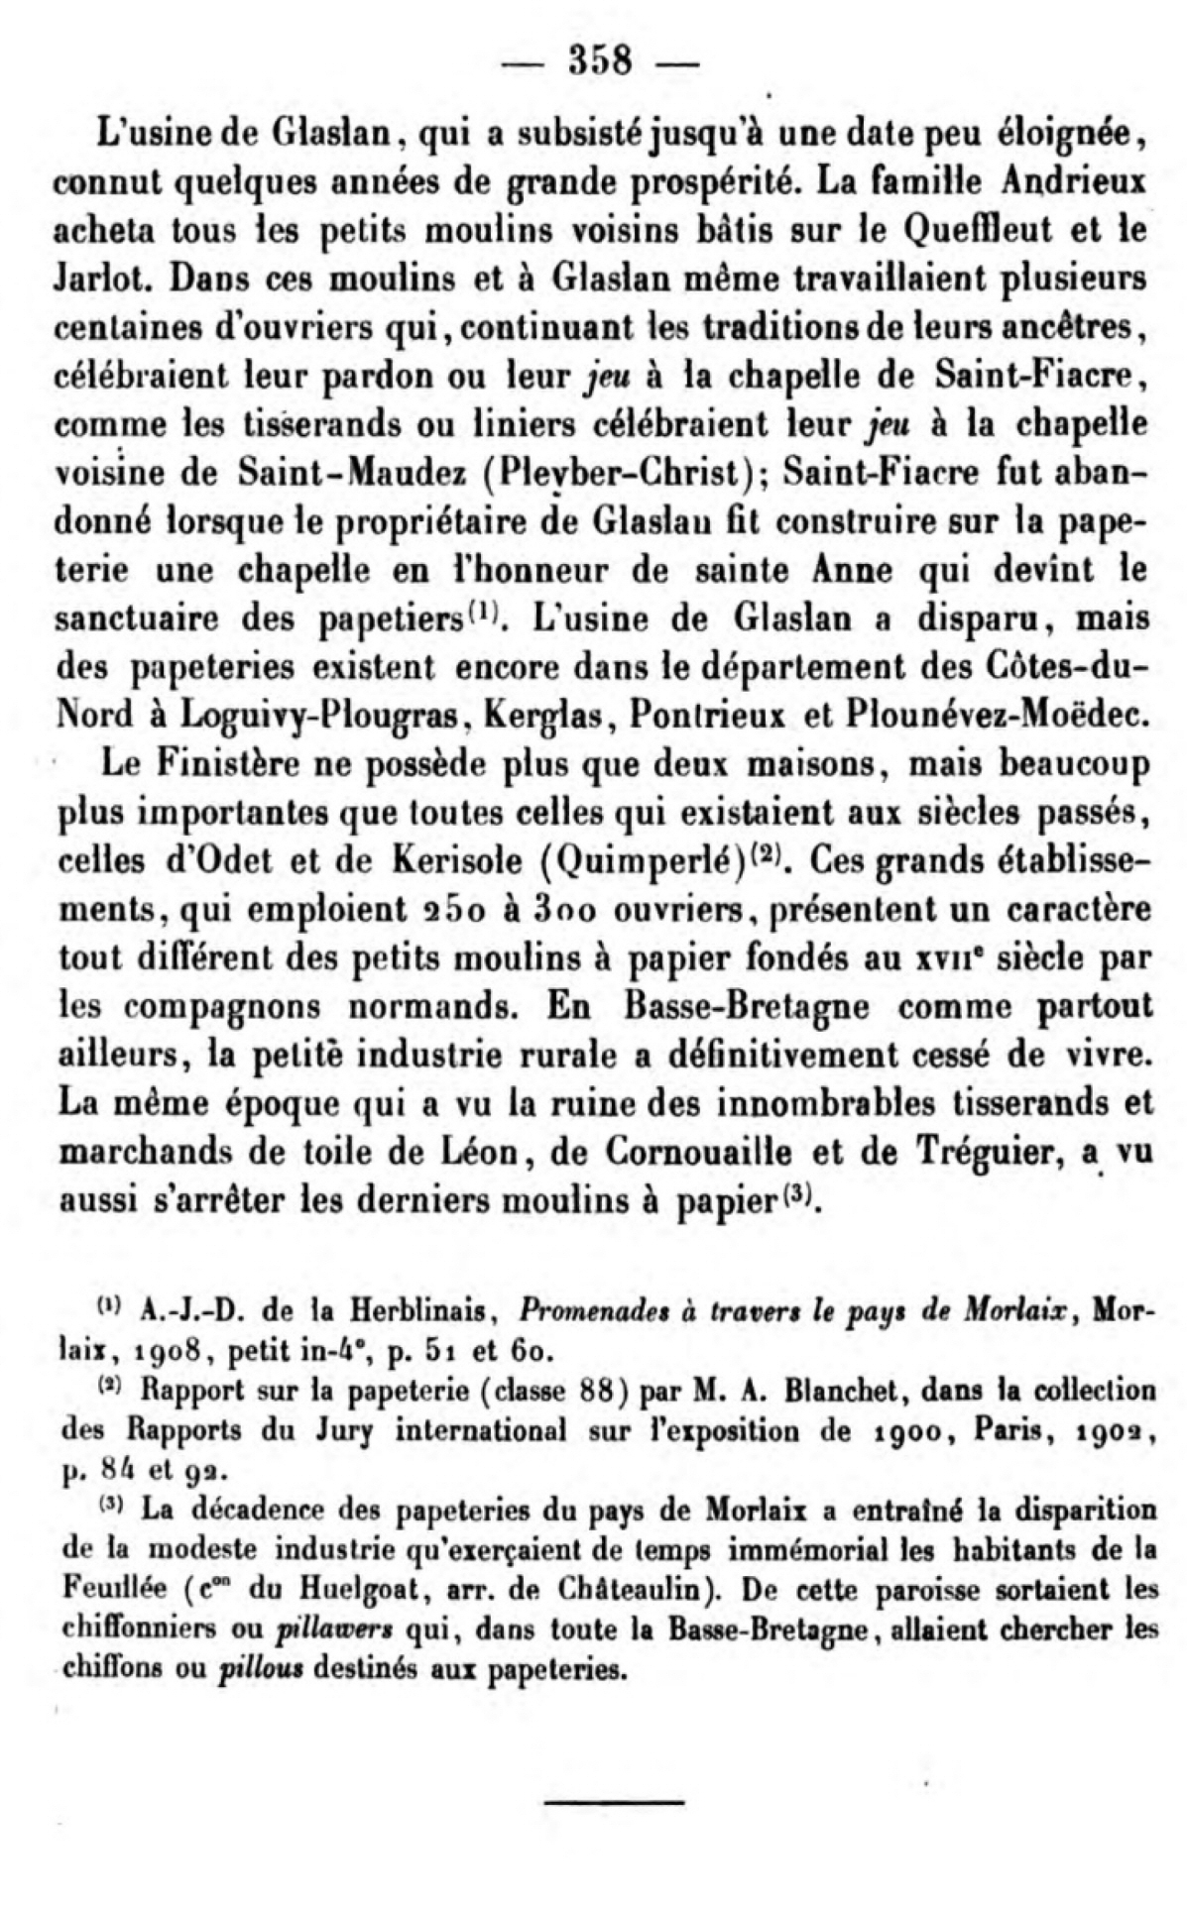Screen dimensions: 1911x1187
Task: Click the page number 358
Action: [599, 61]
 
